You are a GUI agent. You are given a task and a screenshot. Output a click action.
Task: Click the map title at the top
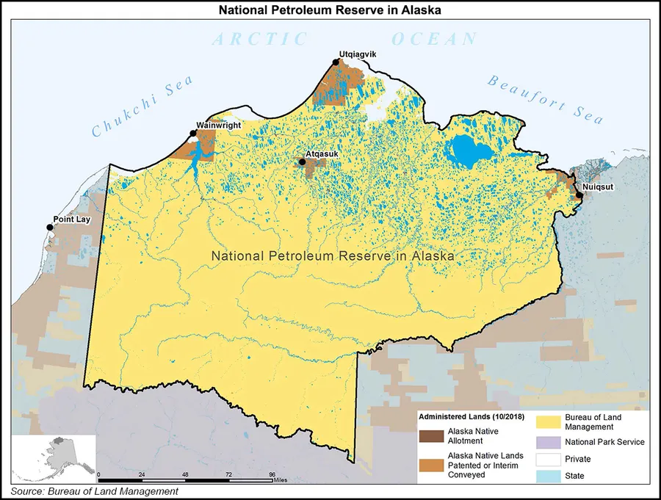[x=330, y=10]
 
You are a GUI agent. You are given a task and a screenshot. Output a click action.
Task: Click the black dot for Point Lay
[x=50, y=228]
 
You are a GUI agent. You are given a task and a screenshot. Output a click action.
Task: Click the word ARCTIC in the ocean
[x=259, y=39]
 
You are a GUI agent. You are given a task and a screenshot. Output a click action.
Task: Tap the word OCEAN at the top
[x=435, y=39]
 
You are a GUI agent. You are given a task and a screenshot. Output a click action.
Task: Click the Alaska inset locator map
[x=54, y=456]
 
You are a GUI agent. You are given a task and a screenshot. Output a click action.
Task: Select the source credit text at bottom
[x=94, y=491]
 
